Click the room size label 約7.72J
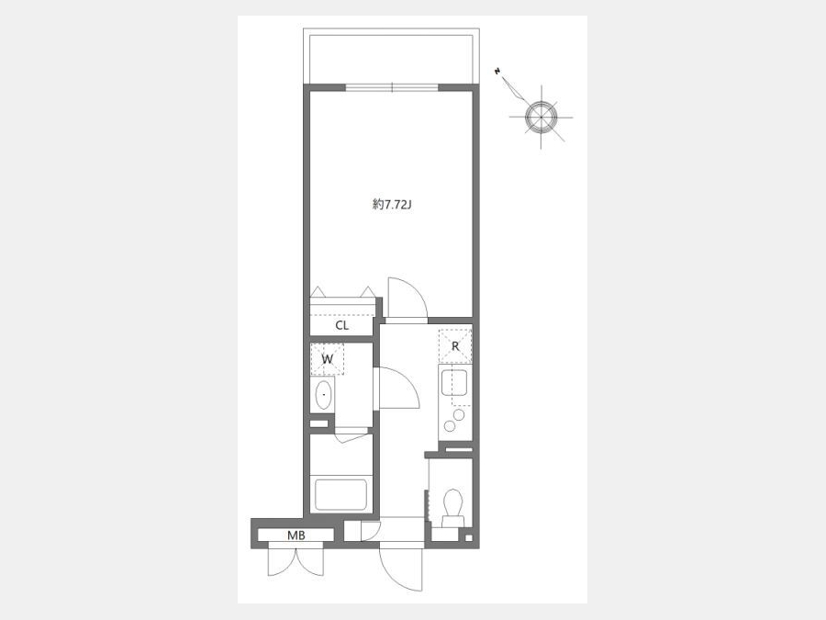391,205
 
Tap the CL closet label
342,325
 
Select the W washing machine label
327,359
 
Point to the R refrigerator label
455,347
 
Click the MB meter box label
296,535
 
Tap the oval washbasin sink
323,395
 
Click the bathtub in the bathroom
340,494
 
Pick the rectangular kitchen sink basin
453,382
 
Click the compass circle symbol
541,117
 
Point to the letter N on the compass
497,71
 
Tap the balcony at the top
391,56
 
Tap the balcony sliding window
392,87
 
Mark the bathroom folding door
352,436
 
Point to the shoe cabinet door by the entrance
371,530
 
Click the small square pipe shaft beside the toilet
468,538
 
